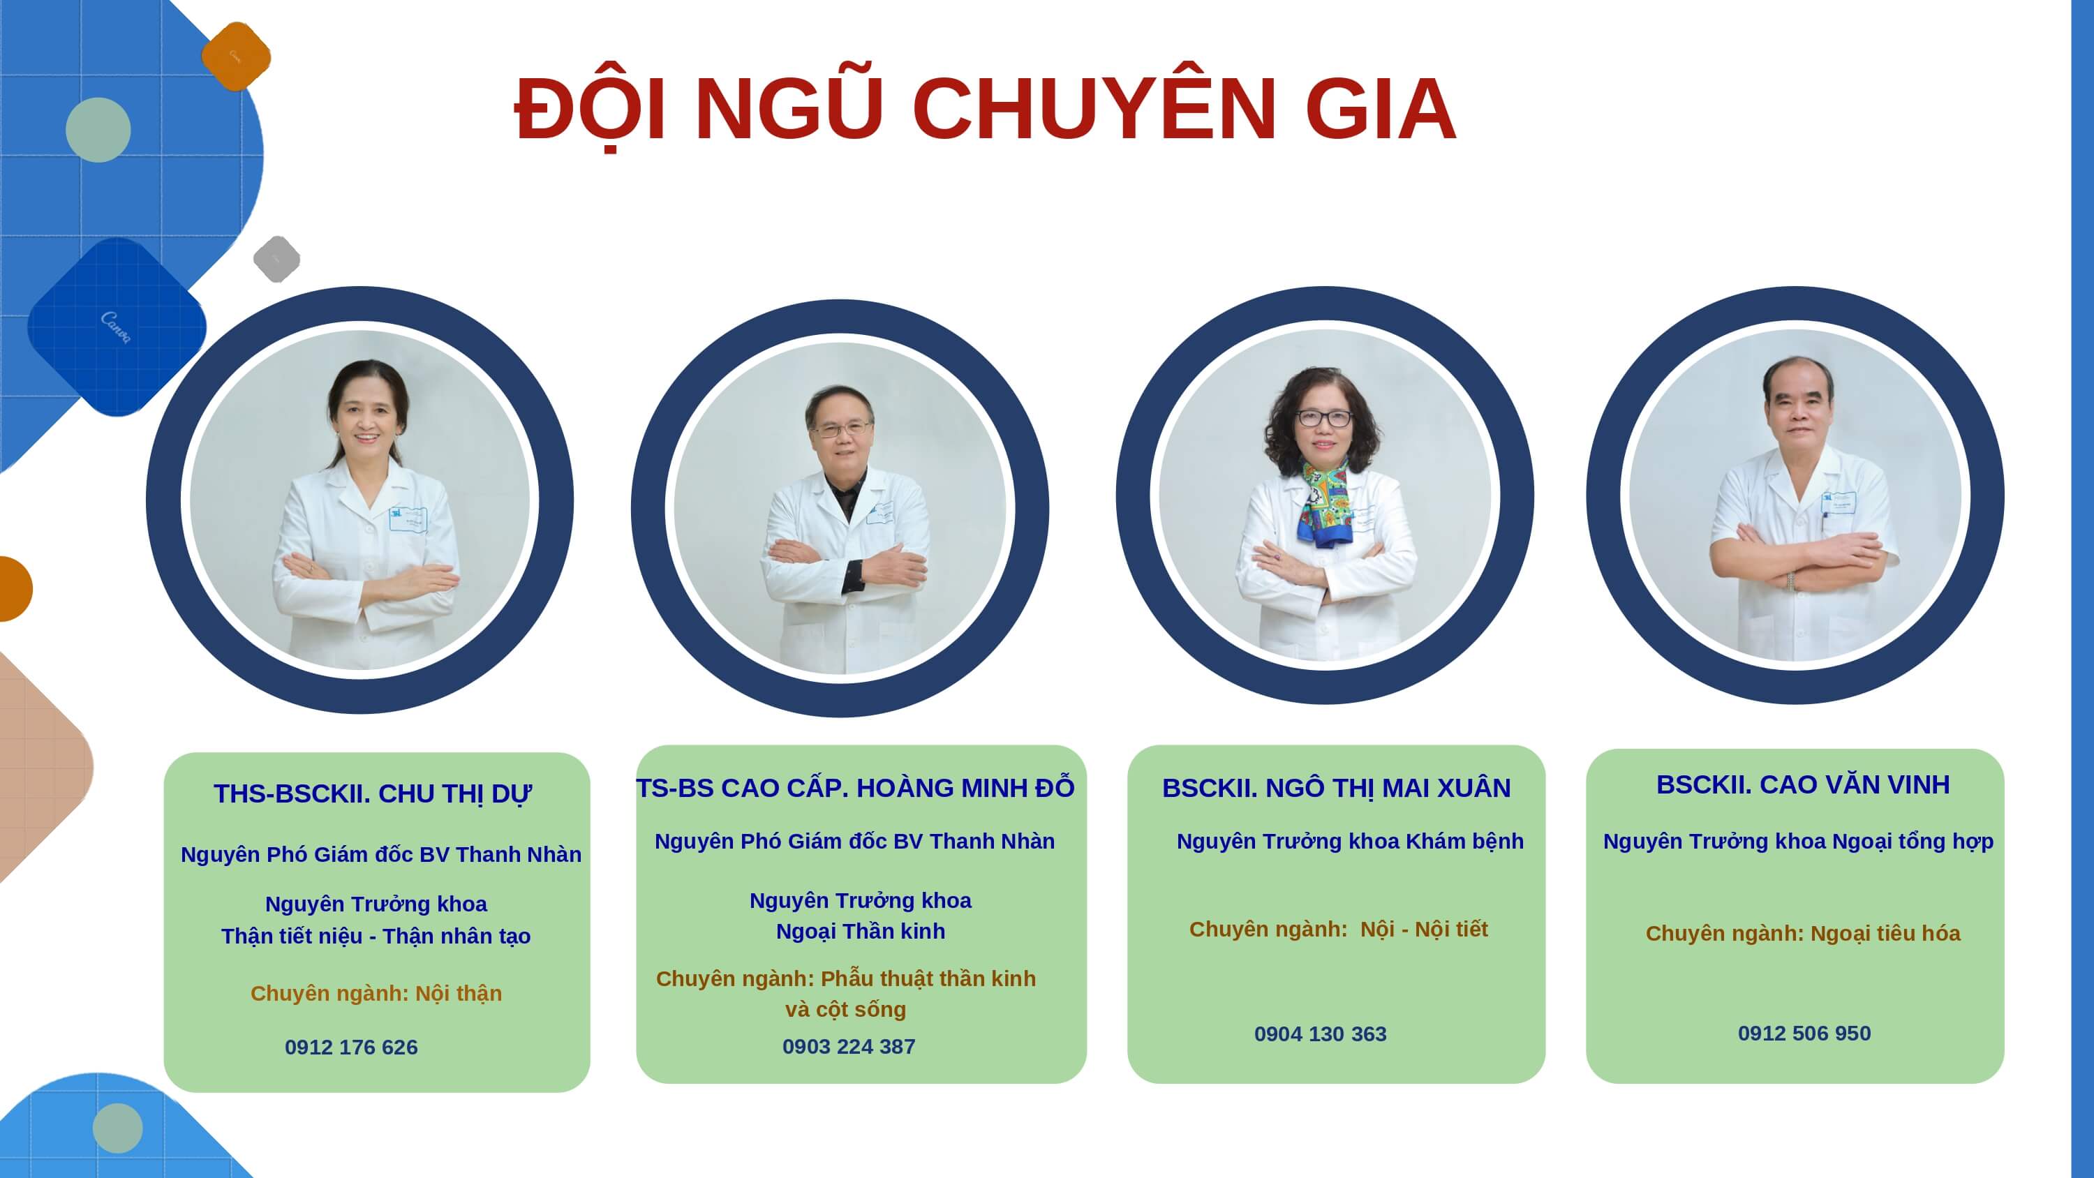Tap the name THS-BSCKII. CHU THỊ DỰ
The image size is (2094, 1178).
click(x=372, y=794)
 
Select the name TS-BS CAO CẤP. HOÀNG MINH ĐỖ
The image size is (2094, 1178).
click(x=855, y=787)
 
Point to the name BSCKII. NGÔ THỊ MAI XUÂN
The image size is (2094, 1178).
click(x=1337, y=788)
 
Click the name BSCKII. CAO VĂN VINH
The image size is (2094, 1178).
click(x=1803, y=784)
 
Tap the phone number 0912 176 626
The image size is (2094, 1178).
click(x=351, y=1047)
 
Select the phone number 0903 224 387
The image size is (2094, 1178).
click(x=849, y=1046)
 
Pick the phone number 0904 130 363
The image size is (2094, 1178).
click(x=1320, y=1034)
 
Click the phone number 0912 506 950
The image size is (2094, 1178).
click(x=1804, y=1034)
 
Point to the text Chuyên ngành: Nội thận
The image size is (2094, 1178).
click(x=376, y=994)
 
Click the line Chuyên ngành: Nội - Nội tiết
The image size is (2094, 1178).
click(x=1338, y=930)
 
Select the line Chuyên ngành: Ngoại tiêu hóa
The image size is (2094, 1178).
click(x=1803, y=933)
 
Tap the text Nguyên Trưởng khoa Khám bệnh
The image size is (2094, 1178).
click(x=1350, y=842)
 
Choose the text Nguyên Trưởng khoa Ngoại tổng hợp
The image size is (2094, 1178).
click(x=1798, y=842)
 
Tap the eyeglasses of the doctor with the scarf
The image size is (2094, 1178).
click(x=1323, y=419)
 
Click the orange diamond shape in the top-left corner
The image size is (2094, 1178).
click(x=236, y=56)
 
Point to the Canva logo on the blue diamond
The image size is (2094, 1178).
click(x=115, y=327)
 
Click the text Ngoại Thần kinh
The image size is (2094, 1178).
click(x=860, y=932)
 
